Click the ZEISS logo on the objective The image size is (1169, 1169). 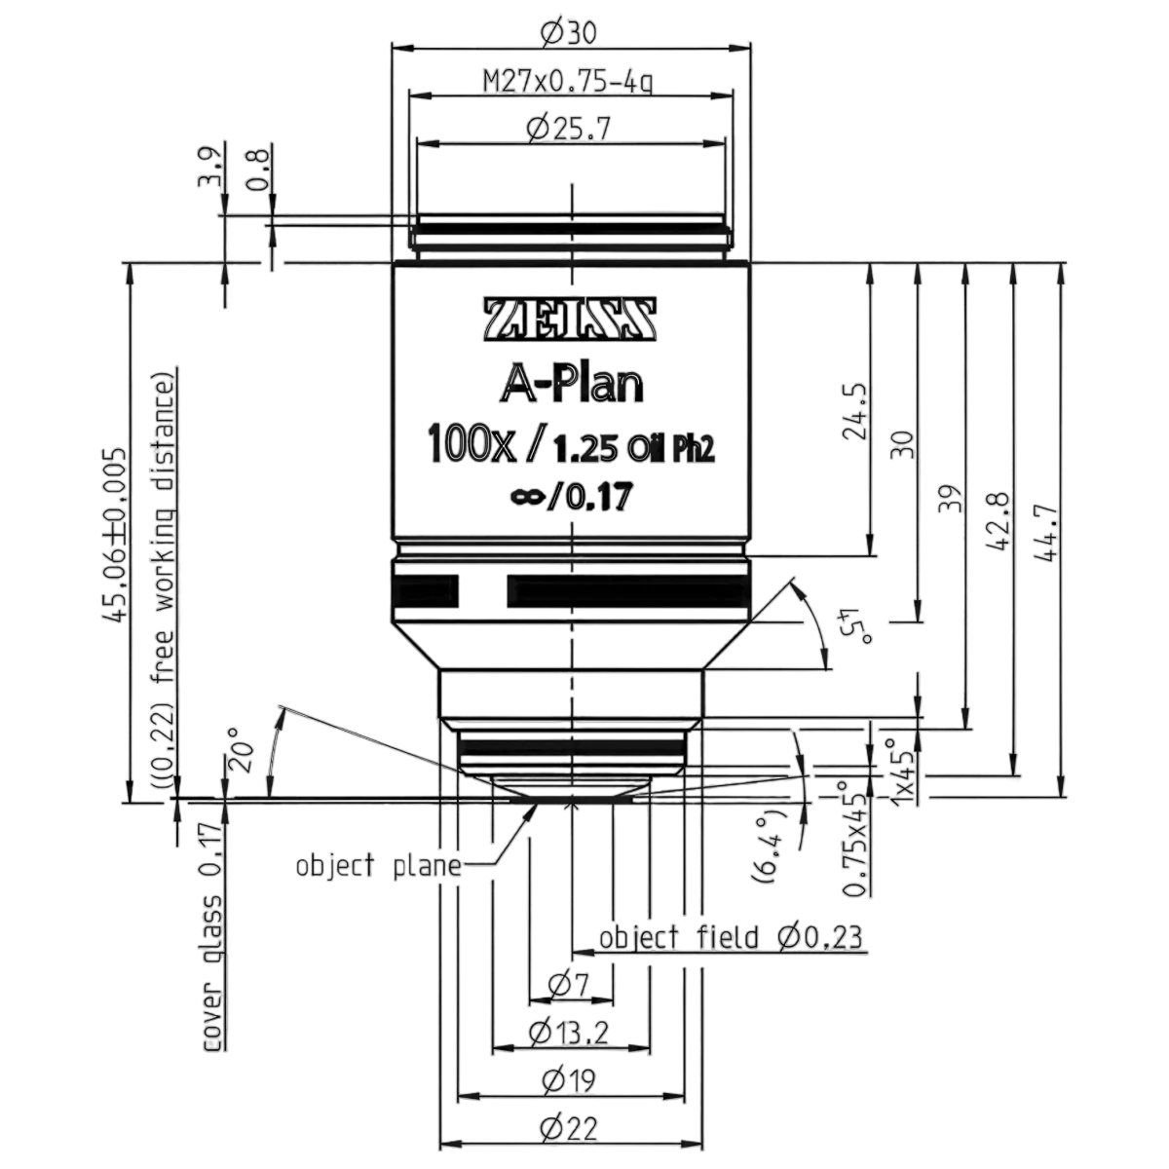coord(570,320)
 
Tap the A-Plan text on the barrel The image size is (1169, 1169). coord(572,387)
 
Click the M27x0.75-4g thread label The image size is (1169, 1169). coord(567,81)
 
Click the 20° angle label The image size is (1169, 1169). coord(241,748)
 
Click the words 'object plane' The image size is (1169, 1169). coord(379,866)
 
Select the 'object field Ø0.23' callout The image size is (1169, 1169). coord(731,937)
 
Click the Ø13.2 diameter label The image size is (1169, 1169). coord(568,1034)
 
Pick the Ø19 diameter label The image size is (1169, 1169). coord(568,1080)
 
